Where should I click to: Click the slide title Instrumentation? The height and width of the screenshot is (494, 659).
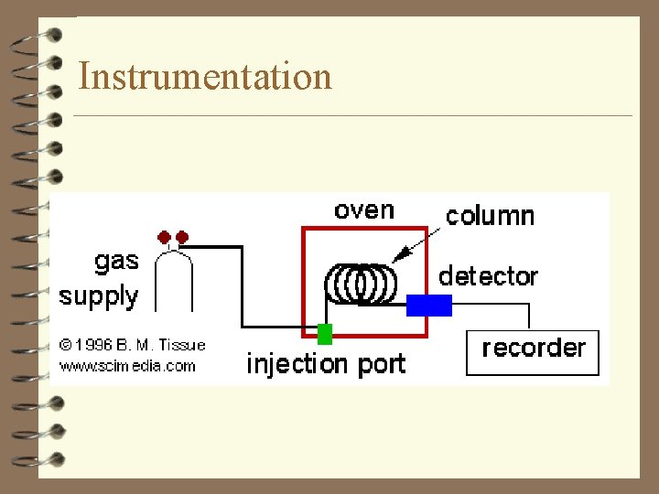coord(205,76)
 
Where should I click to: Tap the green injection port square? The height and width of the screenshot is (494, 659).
coord(324,333)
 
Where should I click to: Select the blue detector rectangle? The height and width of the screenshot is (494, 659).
coord(429,305)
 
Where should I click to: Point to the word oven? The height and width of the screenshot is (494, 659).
coord(363,209)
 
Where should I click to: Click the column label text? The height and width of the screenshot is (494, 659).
coord(490,216)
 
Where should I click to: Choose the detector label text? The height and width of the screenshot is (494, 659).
coord(488,275)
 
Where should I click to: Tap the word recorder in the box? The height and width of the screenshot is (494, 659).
coord(533,348)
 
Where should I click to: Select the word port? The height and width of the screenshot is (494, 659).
coord(382,365)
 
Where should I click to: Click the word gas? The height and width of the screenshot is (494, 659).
coord(116,262)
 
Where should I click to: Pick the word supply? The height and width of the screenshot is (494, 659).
coord(99,296)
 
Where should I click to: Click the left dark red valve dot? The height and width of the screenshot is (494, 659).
coord(165,237)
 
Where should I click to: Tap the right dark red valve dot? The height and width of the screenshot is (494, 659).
coord(182,237)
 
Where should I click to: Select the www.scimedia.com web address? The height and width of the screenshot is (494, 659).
coord(127,366)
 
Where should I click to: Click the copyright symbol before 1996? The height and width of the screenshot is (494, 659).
coord(66,346)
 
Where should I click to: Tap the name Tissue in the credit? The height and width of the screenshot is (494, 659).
coord(182,345)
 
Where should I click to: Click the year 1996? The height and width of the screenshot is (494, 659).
coord(94,346)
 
